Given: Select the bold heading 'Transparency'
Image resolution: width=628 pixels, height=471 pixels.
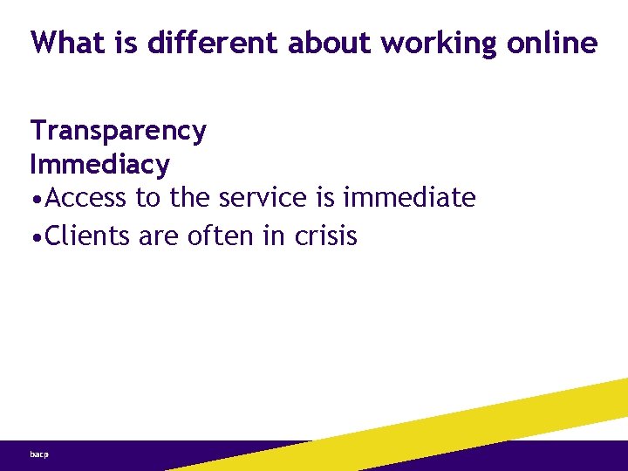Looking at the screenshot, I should click(x=119, y=131).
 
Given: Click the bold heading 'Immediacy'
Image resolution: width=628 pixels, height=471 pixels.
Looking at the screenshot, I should click(x=99, y=164).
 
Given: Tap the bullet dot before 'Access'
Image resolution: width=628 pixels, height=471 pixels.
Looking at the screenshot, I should click(x=36, y=200).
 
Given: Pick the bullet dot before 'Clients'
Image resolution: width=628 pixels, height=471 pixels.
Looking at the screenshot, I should click(x=36, y=235).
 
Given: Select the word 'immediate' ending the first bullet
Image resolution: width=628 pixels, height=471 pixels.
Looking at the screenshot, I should click(x=409, y=198).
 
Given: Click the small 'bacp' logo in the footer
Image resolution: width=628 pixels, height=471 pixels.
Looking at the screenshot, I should click(x=38, y=454).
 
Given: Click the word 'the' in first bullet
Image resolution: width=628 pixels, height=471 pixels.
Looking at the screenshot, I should click(x=190, y=198).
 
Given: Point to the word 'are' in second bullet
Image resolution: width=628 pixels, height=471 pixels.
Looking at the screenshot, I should click(x=158, y=235).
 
